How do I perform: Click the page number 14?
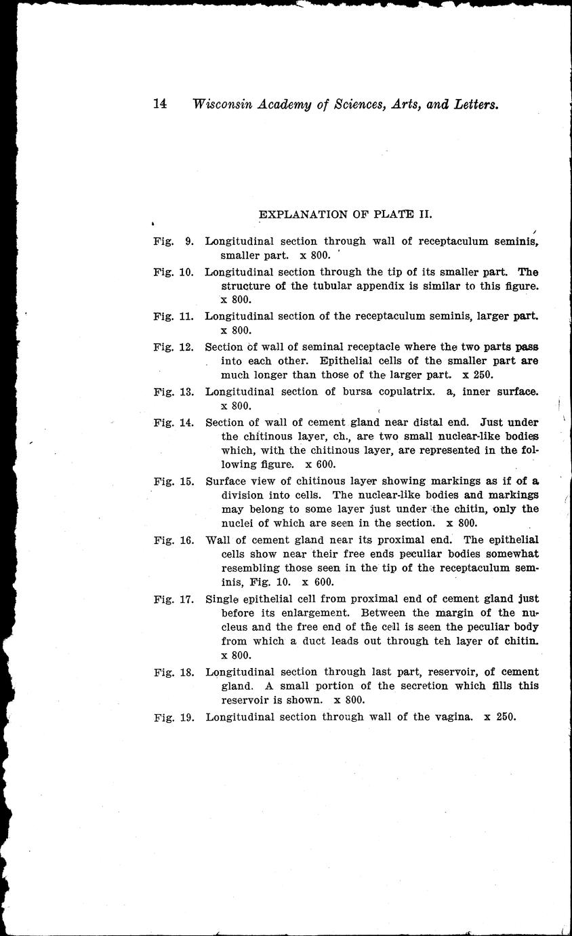point(160,104)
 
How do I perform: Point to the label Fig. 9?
point(173,241)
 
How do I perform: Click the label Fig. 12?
point(173,347)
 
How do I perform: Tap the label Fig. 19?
point(173,716)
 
